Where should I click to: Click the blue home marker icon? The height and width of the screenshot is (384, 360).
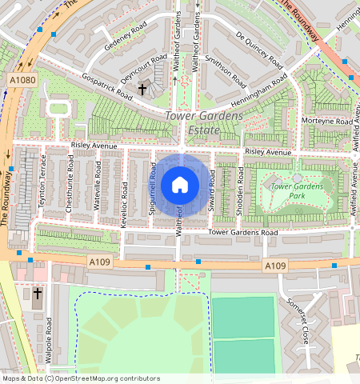(x=180, y=186)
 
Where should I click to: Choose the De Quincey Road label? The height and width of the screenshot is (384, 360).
(x=259, y=50)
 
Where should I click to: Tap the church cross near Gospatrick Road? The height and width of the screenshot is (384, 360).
(x=142, y=90)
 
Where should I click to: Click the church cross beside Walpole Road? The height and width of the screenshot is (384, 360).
(x=37, y=294)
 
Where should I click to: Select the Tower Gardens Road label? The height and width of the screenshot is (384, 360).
(x=242, y=232)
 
